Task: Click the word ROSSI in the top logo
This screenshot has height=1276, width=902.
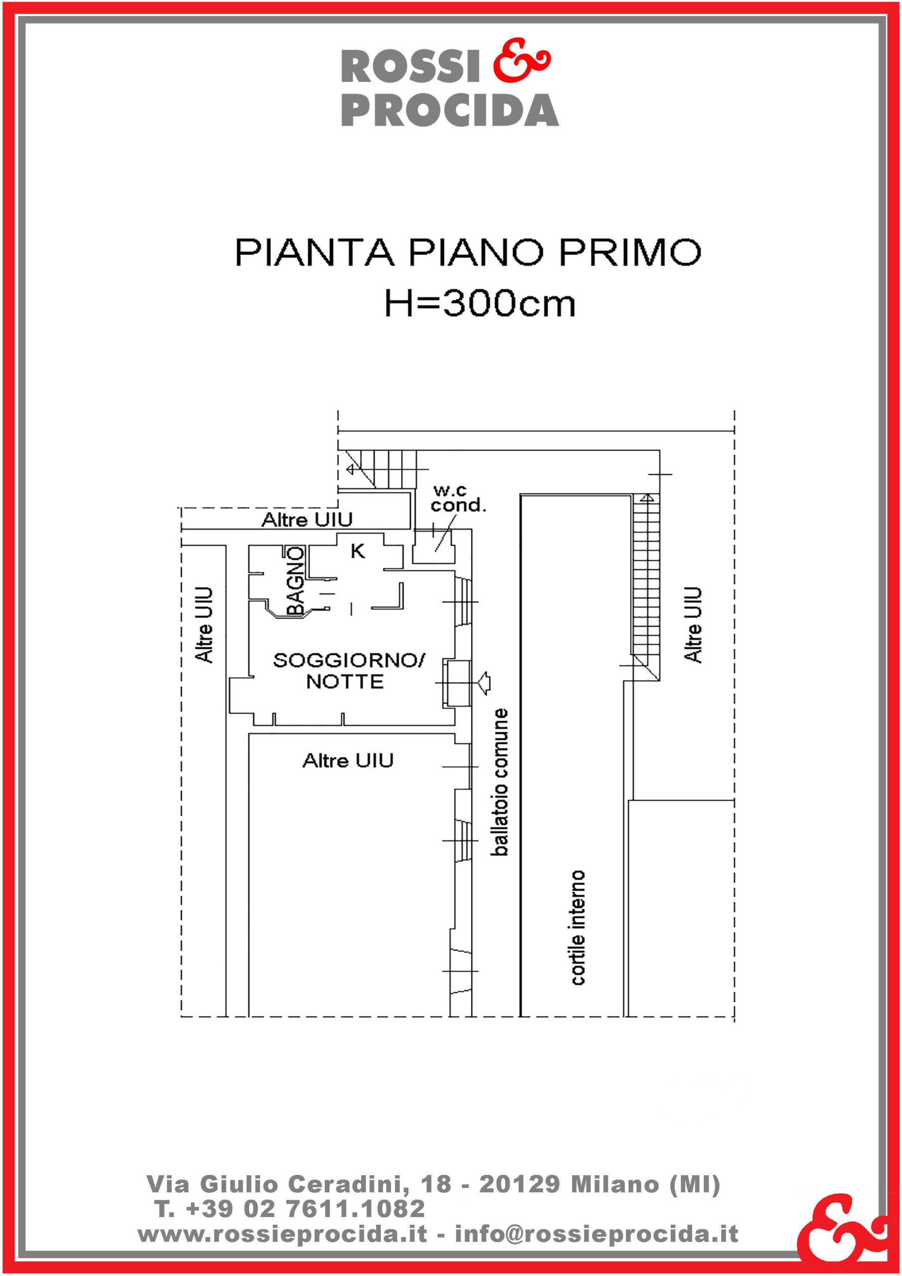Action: [411, 67]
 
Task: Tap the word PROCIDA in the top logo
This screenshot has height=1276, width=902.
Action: [450, 110]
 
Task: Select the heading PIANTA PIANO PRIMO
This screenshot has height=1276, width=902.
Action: [468, 252]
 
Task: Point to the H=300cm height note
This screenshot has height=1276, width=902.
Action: [480, 304]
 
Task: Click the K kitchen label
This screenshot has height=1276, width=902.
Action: [357, 551]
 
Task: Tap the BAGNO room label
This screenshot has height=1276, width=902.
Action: [295, 581]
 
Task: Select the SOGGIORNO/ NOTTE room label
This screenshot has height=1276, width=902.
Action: [348, 671]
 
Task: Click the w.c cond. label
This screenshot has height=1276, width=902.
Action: [458, 498]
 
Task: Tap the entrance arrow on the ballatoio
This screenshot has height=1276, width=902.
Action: [483, 682]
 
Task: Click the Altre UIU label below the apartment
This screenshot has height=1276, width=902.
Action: [348, 760]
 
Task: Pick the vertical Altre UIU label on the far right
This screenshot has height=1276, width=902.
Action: [693, 625]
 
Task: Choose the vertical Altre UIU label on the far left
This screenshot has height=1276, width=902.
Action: [204, 625]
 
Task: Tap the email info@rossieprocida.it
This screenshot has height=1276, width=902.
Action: [597, 1234]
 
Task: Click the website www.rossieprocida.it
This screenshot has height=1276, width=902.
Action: [283, 1234]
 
